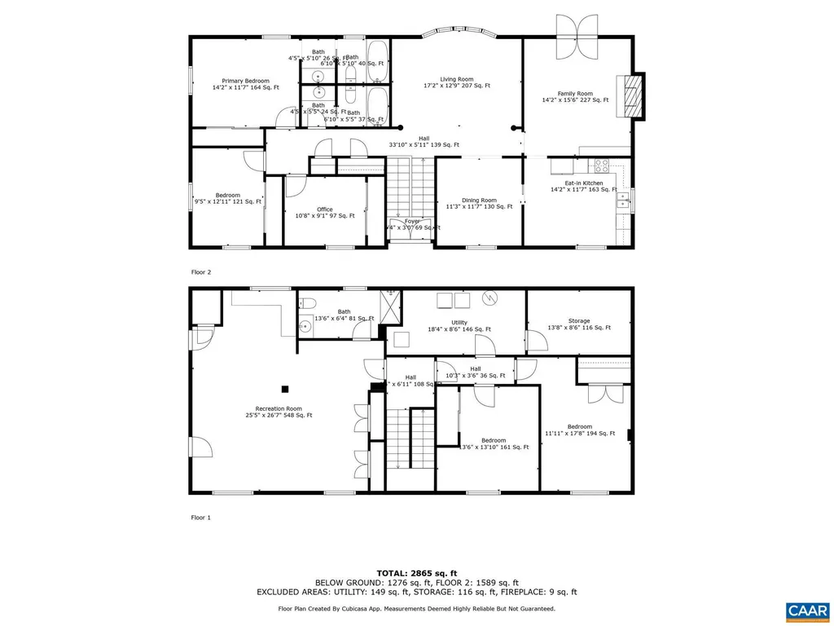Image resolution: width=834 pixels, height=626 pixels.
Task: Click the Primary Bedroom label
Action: tap(246, 82)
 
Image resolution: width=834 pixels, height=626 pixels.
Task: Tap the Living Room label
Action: tap(456, 80)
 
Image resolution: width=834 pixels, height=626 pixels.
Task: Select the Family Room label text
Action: tap(575, 94)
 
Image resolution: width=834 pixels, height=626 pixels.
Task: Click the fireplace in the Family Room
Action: tap(631, 97)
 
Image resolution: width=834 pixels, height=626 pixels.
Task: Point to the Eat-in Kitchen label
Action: tap(577, 184)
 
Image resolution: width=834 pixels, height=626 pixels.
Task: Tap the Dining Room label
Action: tap(479, 201)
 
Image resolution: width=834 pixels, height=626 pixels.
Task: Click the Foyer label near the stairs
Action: tap(412, 221)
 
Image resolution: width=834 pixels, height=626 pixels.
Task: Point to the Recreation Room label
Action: tap(279, 408)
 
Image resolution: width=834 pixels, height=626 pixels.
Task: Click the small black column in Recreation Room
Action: tap(284, 389)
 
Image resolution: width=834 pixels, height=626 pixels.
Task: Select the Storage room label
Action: tap(579, 321)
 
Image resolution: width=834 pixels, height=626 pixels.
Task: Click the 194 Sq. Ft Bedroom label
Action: tap(579, 427)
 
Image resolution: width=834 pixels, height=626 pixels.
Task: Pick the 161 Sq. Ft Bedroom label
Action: tap(494, 440)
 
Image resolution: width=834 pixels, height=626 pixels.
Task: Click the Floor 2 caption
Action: tap(200, 271)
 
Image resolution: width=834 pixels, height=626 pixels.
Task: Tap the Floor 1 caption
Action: tap(200, 517)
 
